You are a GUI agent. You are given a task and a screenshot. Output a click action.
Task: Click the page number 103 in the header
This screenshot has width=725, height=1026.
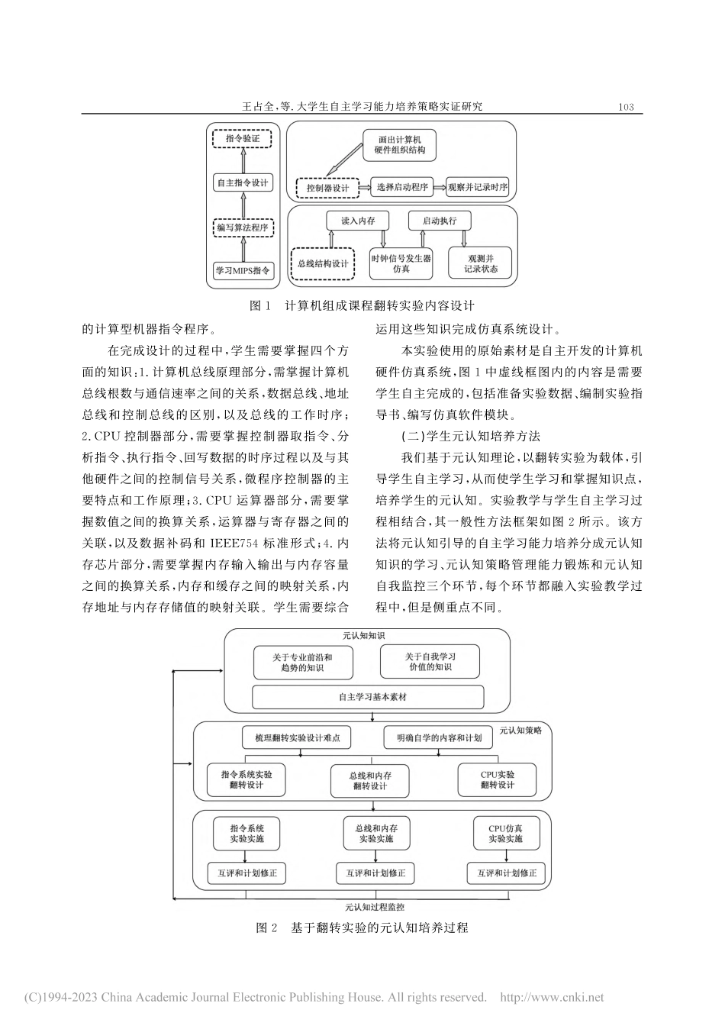click(x=626, y=107)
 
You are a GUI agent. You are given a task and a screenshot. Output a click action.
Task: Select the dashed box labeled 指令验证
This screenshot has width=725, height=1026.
click(x=243, y=139)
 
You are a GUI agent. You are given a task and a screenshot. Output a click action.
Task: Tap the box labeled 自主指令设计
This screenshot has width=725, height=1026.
click(x=243, y=183)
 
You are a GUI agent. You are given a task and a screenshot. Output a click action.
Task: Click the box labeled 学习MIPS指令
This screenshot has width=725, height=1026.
click(x=243, y=271)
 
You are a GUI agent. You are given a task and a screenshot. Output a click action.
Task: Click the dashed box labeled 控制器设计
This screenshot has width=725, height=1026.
click(x=328, y=188)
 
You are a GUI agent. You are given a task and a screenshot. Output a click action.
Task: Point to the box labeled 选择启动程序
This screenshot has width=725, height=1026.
click(x=402, y=187)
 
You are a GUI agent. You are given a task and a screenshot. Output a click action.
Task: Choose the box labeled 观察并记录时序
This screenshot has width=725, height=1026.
click(x=478, y=187)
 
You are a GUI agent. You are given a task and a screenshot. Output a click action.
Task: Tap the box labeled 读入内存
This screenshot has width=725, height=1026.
click(x=358, y=221)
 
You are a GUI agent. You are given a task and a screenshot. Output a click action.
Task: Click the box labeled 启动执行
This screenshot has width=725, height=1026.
click(x=440, y=221)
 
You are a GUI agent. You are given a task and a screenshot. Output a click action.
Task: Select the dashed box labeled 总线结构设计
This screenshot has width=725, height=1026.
click(x=322, y=264)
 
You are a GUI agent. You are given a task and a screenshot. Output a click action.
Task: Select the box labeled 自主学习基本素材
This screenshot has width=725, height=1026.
click(x=368, y=696)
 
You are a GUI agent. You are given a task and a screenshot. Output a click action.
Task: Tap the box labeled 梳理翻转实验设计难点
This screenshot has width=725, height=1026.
click(x=297, y=738)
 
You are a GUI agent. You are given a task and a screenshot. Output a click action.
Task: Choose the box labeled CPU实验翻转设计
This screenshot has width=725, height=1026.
click(x=498, y=779)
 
